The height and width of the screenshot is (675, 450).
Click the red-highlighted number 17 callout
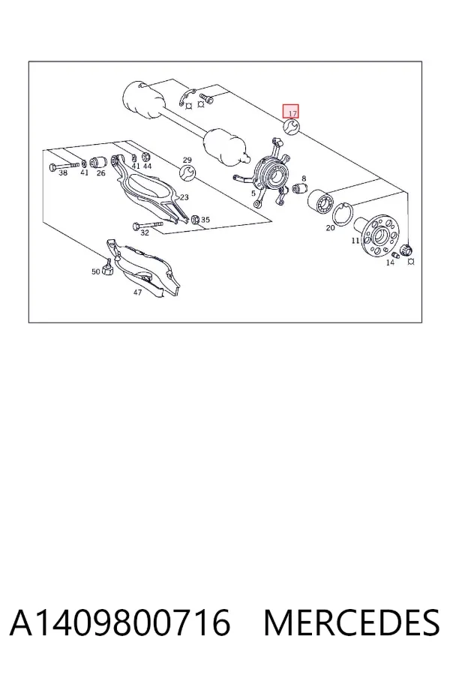290,112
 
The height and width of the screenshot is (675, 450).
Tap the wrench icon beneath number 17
292,127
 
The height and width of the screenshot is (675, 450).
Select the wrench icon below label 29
187,173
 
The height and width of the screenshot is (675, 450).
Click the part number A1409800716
120,623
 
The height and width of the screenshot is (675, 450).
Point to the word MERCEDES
352,623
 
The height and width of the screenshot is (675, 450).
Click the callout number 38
63,173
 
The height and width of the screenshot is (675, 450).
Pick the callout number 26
100,173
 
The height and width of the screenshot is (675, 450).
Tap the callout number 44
147,166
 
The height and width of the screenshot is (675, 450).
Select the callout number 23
184,197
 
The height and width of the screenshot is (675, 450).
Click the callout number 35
205,220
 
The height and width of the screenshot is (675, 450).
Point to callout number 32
145,233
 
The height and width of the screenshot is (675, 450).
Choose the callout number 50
95,271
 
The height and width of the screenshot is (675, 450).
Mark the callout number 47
137,292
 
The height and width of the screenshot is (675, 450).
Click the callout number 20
330,228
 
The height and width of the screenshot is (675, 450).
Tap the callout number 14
390,262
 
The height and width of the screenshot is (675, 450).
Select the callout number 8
304,178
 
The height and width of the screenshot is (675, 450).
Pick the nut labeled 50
108,269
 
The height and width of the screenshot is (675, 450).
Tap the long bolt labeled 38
64,165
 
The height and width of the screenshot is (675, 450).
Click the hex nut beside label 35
195,220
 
